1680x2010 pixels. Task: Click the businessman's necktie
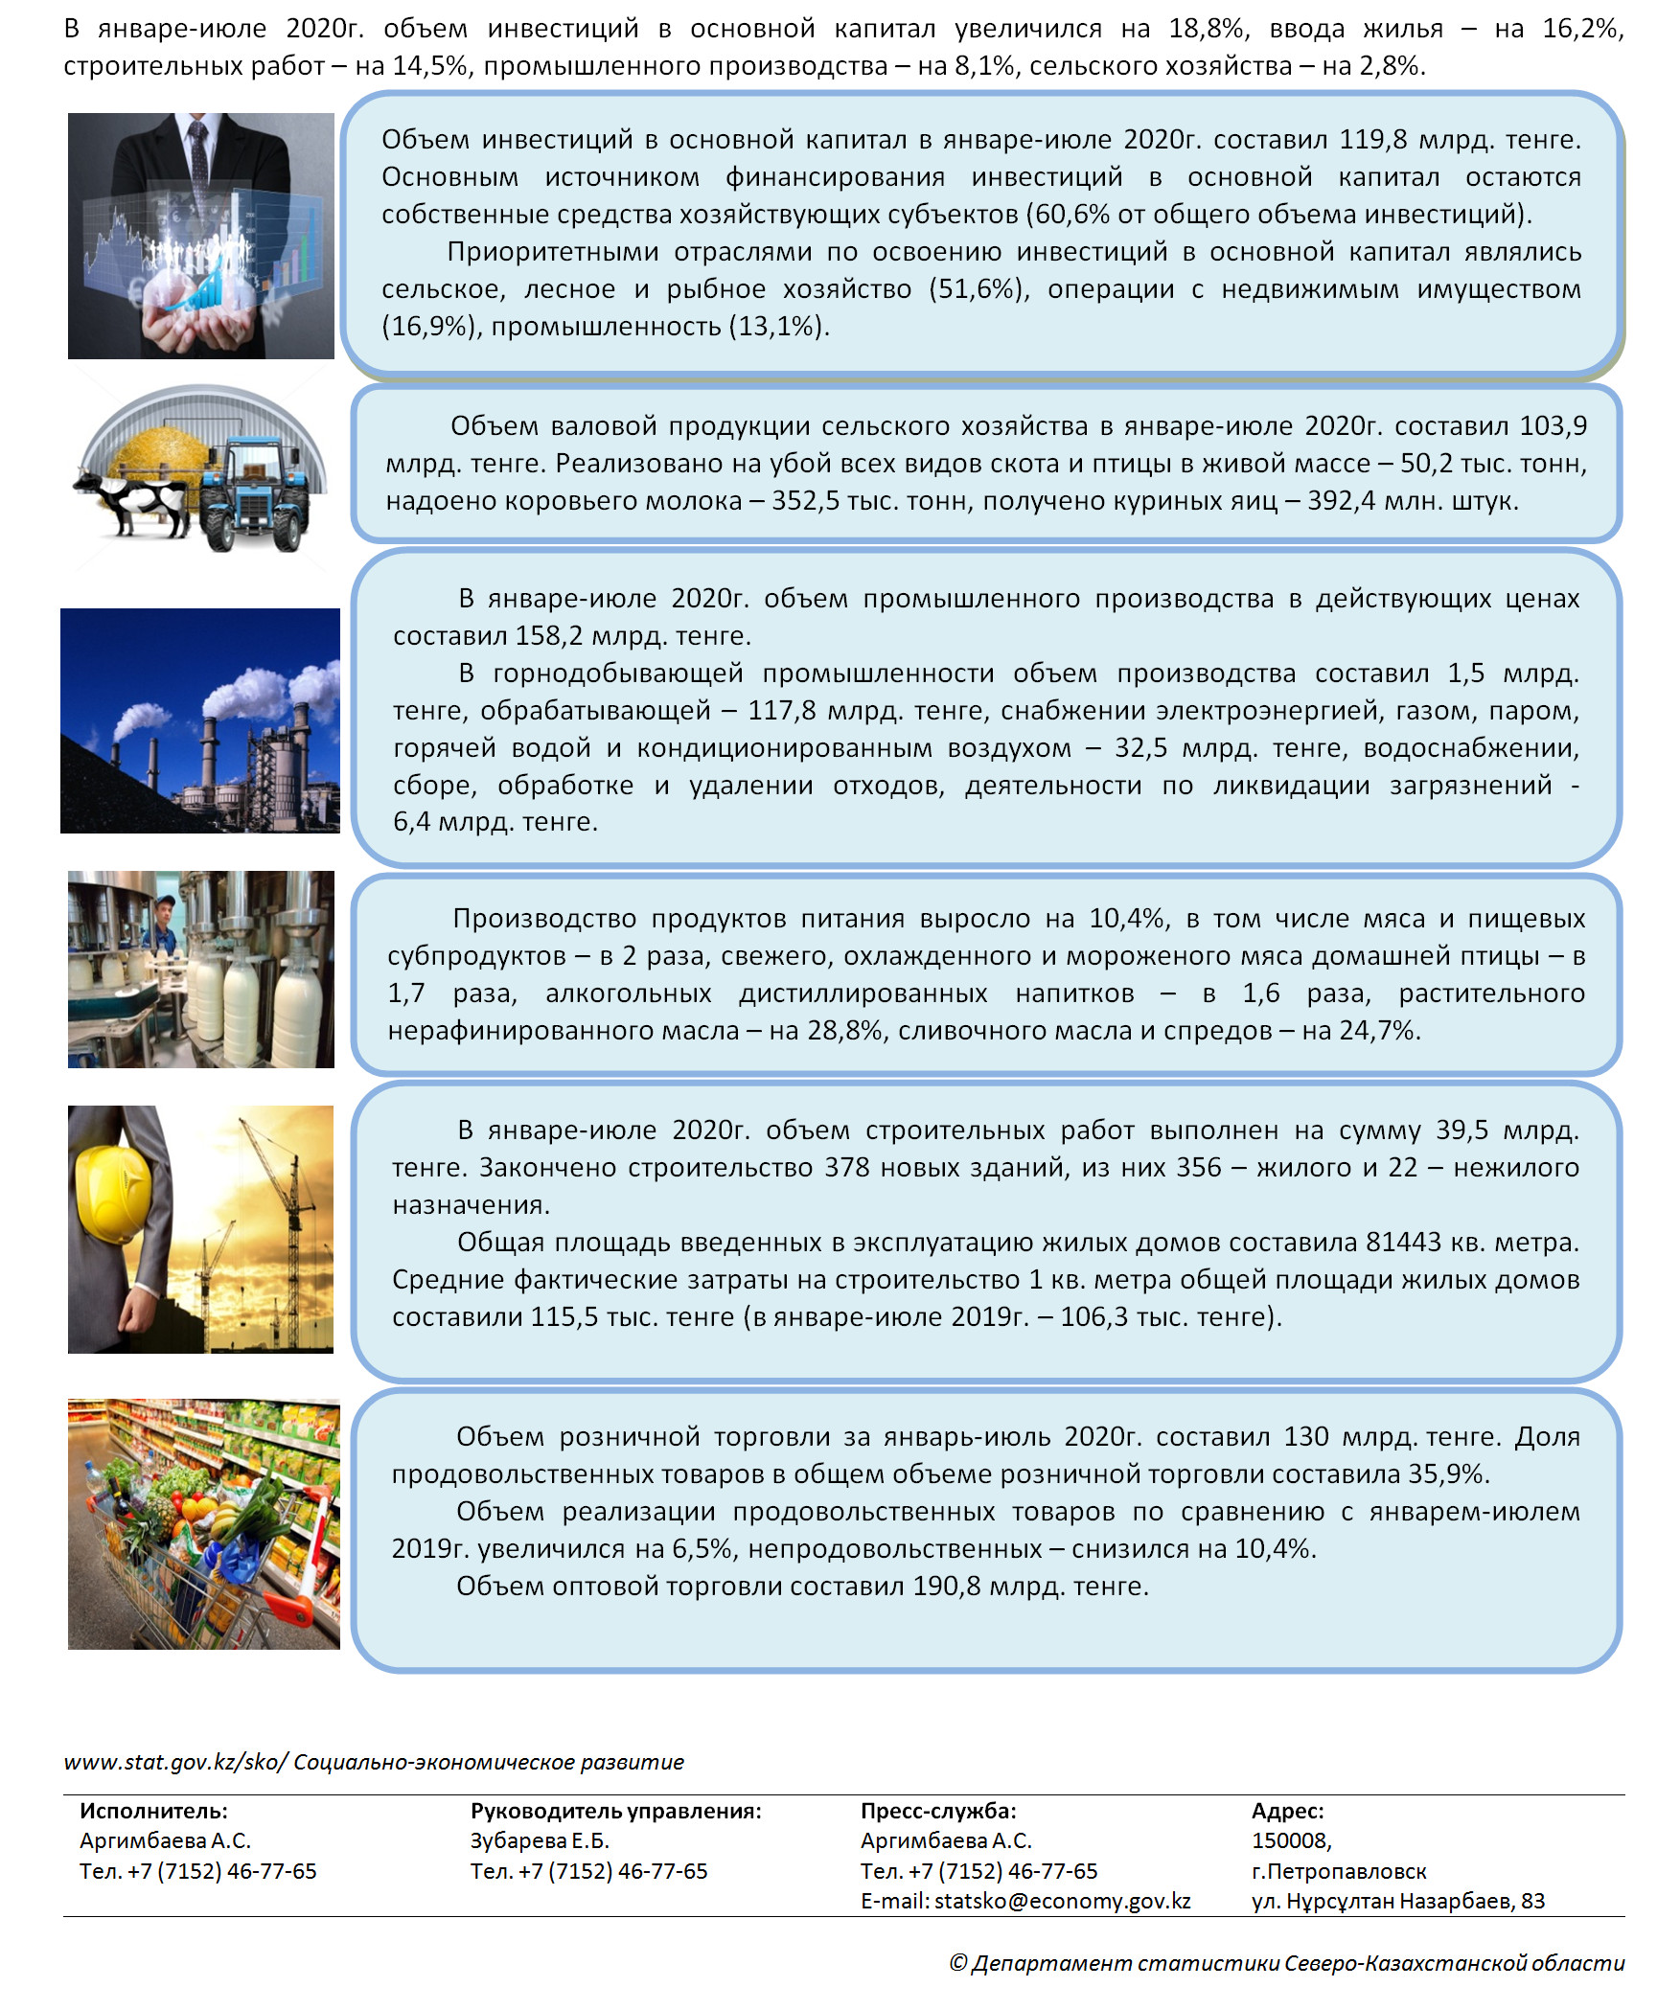pyautogui.click(x=198, y=153)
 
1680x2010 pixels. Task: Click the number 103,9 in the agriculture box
pyautogui.click(x=1553, y=426)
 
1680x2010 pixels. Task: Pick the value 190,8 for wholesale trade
pyautogui.click(x=946, y=1587)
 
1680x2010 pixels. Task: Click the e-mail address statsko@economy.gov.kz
pyautogui.click(x=1062, y=1901)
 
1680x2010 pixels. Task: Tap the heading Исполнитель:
pyautogui.click(x=153, y=1811)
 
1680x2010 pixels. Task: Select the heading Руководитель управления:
pyautogui.click(x=615, y=1811)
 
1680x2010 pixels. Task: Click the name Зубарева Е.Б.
pyautogui.click(x=540, y=1840)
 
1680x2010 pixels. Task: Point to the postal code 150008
pyautogui.click(x=1290, y=1840)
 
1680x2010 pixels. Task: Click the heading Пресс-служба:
pyautogui.click(x=938, y=1811)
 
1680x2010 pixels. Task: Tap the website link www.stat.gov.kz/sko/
pyautogui.click(x=174, y=1762)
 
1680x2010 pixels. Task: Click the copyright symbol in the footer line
pyautogui.click(x=957, y=1964)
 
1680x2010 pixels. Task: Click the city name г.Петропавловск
pyautogui.click(x=1339, y=1871)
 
